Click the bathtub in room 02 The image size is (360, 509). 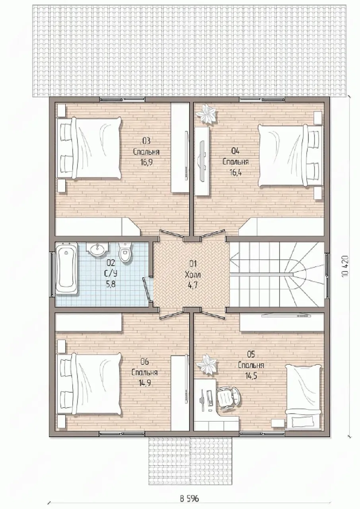(66, 268)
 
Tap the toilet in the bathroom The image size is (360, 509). (125, 252)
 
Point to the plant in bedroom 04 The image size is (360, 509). (207, 114)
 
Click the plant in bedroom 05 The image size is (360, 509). (207, 365)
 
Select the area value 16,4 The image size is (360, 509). (235, 172)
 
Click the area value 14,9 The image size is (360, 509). (144, 383)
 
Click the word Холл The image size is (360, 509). (193, 275)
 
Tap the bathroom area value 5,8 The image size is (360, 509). (111, 284)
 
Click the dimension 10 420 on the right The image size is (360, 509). (344, 266)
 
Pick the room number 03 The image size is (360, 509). (146, 141)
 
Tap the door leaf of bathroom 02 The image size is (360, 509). (147, 290)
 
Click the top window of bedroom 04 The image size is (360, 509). (262, 99)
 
